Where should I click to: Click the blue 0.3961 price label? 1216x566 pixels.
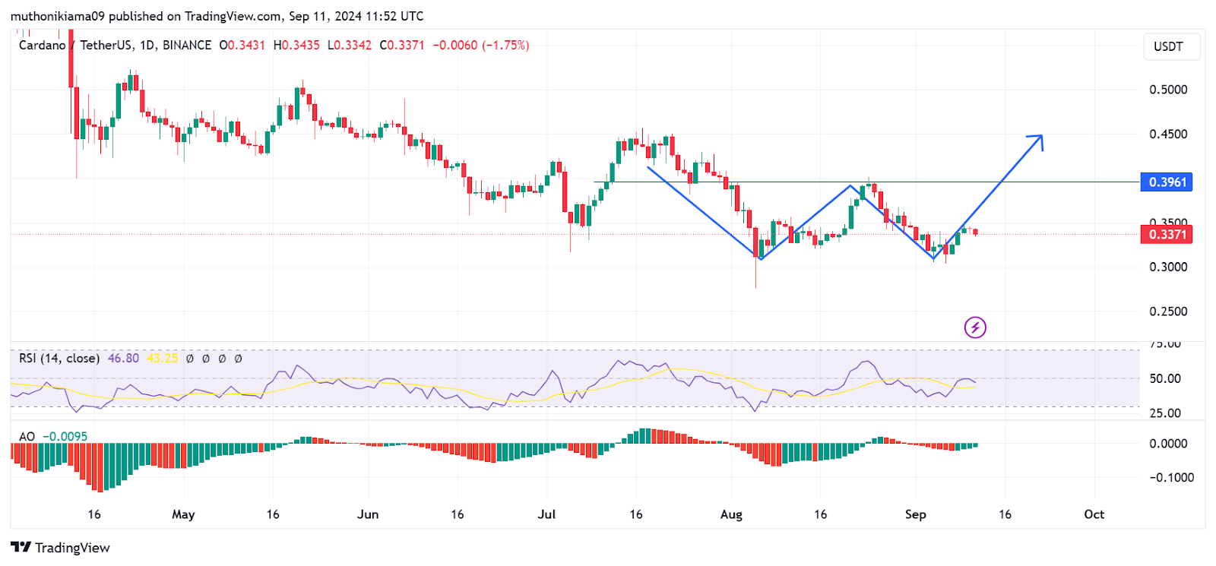point(1167,182)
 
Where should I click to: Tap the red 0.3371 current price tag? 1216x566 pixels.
point(1167,234)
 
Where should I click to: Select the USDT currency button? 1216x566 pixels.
point(1168,46)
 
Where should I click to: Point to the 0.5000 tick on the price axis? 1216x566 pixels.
point(1168,90)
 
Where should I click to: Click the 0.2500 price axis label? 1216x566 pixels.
point(1168,311)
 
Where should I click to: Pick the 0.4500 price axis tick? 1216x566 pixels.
point(1168,134)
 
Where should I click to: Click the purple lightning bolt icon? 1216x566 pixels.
point(975,327)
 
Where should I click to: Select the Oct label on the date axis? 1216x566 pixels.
point(1094,514)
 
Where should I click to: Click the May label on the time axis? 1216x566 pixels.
point(183,514)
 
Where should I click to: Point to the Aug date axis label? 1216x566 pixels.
point(731,514)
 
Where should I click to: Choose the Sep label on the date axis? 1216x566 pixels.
point(915,514)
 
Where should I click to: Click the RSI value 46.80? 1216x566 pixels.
point(123,358)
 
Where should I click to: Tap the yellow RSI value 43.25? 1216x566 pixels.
point(162,358)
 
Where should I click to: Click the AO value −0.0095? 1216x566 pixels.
point(65,436)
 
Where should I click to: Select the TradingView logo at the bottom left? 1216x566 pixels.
point(60,548)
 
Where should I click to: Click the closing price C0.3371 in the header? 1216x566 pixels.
point(402,46)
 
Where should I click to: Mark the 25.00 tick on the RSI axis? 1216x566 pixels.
point(1164,413)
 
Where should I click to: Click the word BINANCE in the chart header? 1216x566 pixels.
point(187,46)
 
